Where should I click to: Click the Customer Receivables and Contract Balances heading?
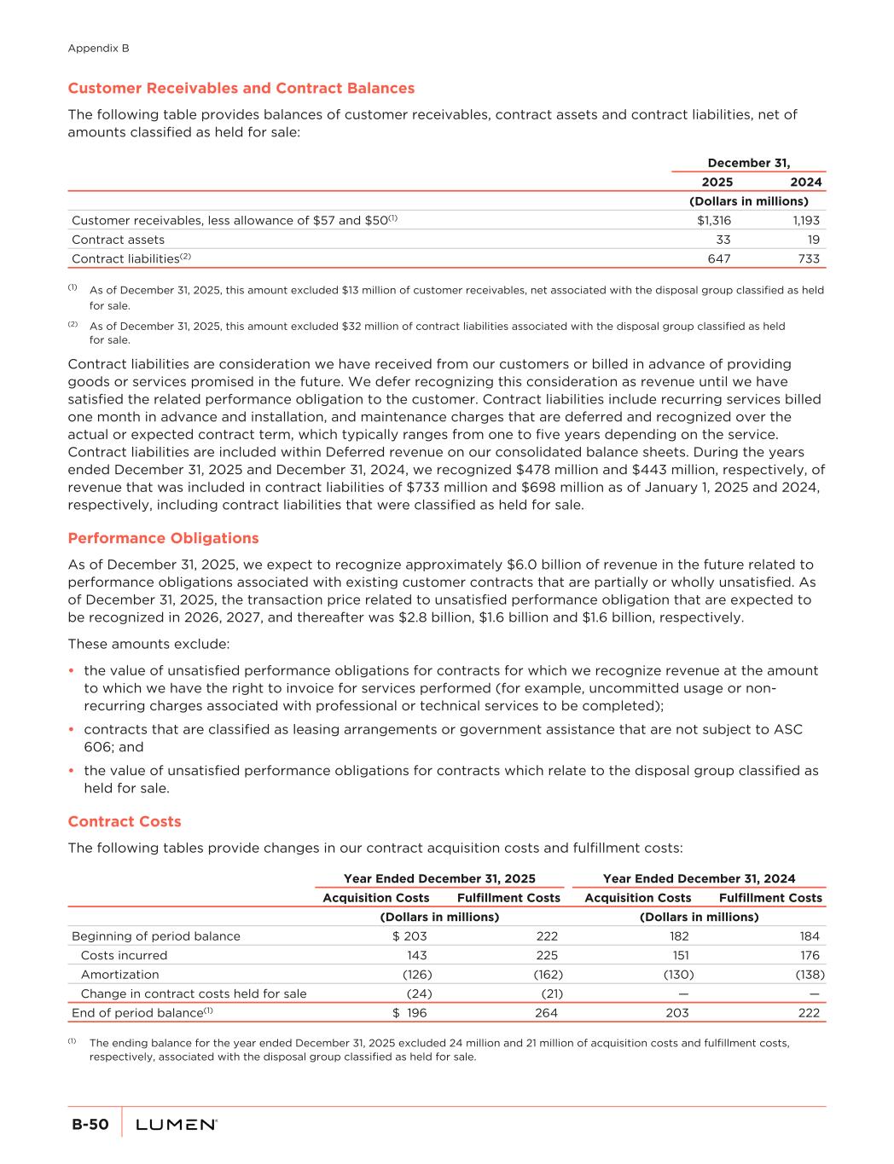tap(241, 88)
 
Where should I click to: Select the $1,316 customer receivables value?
tap(714, 220)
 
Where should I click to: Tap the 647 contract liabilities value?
tap(718, 258)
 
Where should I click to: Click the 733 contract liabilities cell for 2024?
tap(808, 258)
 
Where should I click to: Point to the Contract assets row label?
tap(118, 240)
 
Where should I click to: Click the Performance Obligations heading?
tap(163, 538)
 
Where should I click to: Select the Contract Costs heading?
tap(125, 821)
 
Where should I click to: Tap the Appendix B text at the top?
tap(98, 49)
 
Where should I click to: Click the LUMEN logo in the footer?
tap(177, 1125)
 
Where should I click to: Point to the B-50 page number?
tap(90, 1125)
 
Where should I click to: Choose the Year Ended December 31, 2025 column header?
tap(439, 878)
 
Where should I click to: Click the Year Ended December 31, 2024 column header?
tap(699, 878)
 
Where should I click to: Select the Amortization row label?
tap(119, 974)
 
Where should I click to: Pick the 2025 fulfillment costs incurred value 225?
tap(546, 955)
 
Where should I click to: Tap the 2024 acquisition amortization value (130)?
tap(678, 974)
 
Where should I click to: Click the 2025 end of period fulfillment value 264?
tap(546, 1013)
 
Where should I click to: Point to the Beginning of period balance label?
tap(156, 935)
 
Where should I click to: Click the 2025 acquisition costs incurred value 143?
tap(416, 955)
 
